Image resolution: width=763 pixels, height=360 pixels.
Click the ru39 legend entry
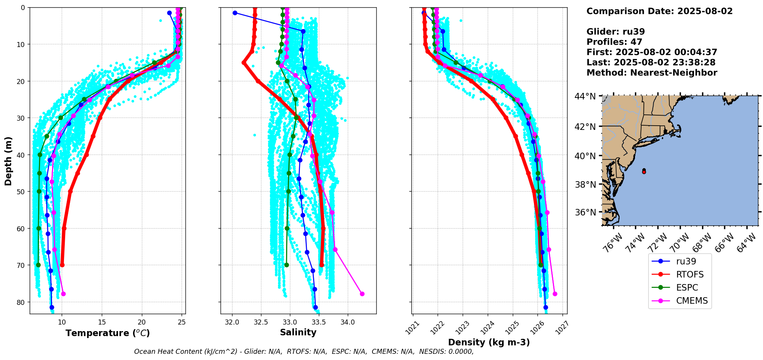(x=686, y=261)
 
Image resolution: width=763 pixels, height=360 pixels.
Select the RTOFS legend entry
(x=689, y=274)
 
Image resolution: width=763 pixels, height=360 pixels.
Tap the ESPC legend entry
(x=687, y=288)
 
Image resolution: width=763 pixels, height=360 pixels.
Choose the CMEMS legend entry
(x=692, y=301)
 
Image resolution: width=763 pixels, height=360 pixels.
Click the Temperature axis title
(x=108, y=333)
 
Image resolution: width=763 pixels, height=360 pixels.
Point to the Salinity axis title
(x=298, y=332)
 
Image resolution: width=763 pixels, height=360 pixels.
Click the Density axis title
(x=488, y=342)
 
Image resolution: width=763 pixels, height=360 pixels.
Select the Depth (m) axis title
(x=8, y=161)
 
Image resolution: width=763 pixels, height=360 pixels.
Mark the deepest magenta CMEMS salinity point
(x=362, y=294)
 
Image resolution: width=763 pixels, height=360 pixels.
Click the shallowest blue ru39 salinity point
(x=235, y=13)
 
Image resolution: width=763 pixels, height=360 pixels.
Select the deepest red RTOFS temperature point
(x=62, y=265)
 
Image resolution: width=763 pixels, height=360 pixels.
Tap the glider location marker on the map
(x=644, y=171)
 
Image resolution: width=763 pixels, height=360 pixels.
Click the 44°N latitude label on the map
(x=585, y=96)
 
